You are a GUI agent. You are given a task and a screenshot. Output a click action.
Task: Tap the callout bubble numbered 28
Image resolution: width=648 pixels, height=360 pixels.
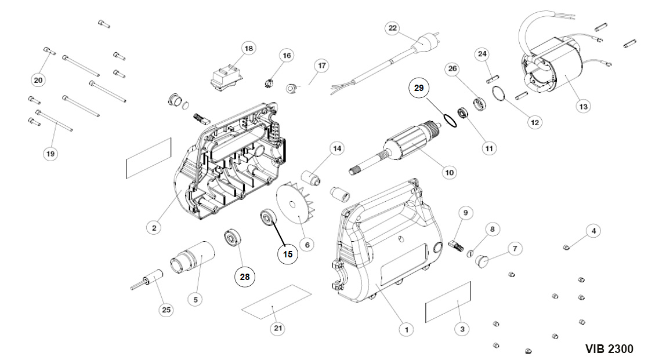click(x=245, y=277)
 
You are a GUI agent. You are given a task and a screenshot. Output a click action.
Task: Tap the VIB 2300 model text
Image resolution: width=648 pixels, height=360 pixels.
click(x=609, y=349)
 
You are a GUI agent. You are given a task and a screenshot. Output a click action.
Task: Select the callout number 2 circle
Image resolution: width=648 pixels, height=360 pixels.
click(x=154, y=228)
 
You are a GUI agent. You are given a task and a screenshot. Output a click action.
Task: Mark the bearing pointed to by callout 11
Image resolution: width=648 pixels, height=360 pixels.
click(x=464, y=111)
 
